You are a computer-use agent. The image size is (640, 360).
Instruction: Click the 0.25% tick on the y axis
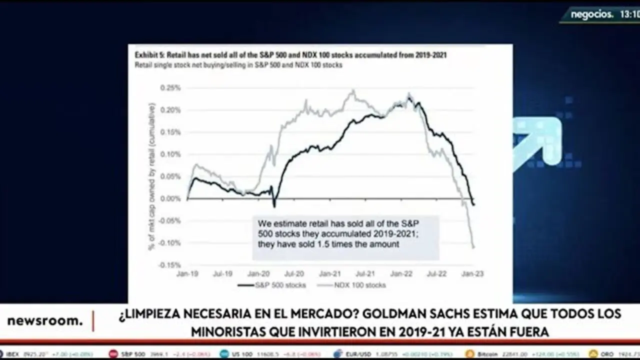pyautogui.click(x=170, y=87)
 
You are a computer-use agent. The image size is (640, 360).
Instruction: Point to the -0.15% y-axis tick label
pyautogui.click(x=169, y=265)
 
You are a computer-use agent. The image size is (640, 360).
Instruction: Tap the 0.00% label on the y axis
pyautogui.click(x=170, y=198)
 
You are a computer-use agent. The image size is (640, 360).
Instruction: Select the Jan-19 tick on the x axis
pyautogui.click(x=187, y=274)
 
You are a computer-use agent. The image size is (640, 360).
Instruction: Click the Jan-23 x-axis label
pyautogui.click(x=472, y=274)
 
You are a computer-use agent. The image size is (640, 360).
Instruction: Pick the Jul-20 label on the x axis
pyautogui.click(x=294, y=274)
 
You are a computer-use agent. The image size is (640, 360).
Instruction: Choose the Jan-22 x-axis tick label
pyautogui.click(x=401, y=274)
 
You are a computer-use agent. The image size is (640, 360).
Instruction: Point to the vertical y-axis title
pyautogui.click(x=152, y=176)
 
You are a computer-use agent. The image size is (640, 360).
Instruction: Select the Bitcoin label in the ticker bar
pyautogui.click(x=487, y=354)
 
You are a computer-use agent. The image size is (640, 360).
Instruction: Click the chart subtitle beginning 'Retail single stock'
pyautogui.click(x=238, y=65)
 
